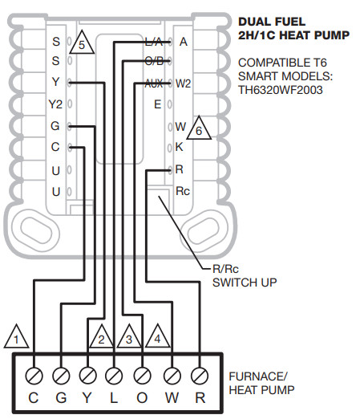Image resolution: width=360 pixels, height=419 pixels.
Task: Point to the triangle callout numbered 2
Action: [100, 338]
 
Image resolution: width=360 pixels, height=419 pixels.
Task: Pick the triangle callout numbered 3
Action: [128, 338]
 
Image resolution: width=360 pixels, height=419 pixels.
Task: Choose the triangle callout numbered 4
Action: [158, 338]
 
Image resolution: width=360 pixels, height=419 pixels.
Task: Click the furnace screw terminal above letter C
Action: [33, 375]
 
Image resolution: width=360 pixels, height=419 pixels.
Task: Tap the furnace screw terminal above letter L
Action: [115, 375]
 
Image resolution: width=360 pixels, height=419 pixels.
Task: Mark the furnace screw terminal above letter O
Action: [143, 375]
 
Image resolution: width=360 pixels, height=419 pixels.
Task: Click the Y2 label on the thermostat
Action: [55, 104]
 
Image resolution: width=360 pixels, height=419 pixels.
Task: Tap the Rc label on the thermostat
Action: [183, 191]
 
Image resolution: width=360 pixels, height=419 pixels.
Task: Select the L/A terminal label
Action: [153, 41]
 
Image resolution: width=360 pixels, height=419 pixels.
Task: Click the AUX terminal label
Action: [154, 83]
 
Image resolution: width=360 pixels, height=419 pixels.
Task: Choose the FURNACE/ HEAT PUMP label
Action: [261, 382]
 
